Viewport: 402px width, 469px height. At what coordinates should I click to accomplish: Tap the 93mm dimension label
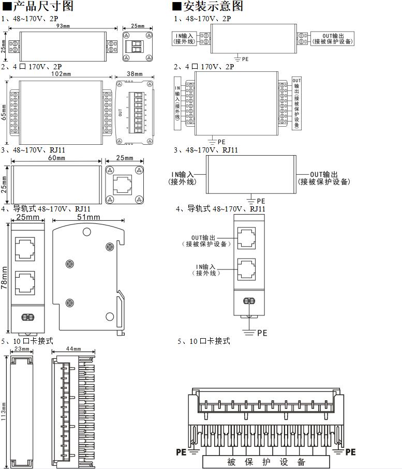coord(63,26)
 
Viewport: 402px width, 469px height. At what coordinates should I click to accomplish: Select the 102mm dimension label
coord(61,74)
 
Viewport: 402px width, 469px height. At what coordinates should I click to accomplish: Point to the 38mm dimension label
coord(135,74)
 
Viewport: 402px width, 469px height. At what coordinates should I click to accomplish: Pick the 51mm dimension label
coord(88,217)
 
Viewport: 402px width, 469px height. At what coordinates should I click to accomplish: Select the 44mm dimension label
coord(73,350)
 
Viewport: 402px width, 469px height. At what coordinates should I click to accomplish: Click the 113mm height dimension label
coord(4,411)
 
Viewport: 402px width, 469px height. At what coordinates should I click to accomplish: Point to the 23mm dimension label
coord(21,350)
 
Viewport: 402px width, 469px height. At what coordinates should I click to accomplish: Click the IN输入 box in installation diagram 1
coord(185,38)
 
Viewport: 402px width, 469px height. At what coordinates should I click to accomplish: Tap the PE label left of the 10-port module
coord(181,452)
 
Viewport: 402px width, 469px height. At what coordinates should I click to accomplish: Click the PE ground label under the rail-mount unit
coord(262,333)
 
